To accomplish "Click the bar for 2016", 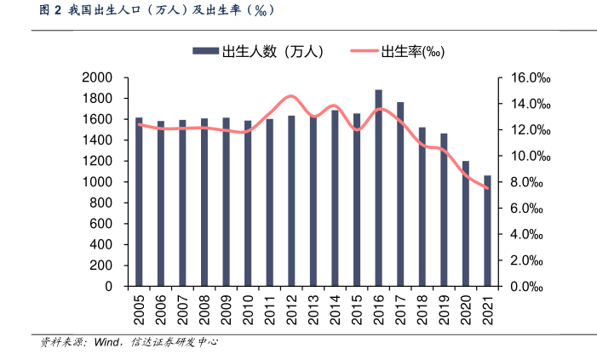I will click(378, 188).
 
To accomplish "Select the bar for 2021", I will click(487, 231).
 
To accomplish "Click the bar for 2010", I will click(248, 203).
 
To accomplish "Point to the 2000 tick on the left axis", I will click(97, 77).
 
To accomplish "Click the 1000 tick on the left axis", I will click(97, 182).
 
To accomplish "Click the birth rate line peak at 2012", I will click(290, 96).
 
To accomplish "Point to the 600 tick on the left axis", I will click(101, 224).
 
